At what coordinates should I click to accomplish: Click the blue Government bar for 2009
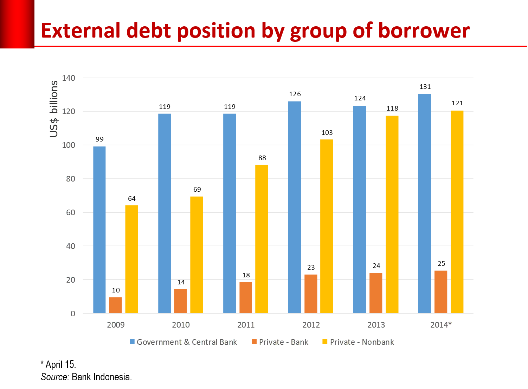click(x=99, y=230)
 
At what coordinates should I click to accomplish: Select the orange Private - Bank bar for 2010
click(x=180, y=301)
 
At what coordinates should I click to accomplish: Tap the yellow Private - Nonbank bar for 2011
click(x=262, y=239)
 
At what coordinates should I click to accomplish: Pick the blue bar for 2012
click(x=295, y=207)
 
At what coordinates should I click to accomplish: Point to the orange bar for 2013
click(x=376, y=293)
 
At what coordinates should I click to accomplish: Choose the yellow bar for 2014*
click(x=457, y=212)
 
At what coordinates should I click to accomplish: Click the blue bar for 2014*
click(x=424, y=204)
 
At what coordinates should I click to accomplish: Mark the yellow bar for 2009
click(x=131, y=259)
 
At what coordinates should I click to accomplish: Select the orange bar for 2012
click(x=311, y=294)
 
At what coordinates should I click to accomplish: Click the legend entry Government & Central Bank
click(x=187, y=342)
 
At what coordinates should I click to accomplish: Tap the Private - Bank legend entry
click(x=283, y=342)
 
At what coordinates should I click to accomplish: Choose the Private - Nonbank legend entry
click(x=362, y=342)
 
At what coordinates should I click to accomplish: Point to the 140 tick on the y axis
click(x=69, y=78)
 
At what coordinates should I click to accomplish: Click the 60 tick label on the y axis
click(x=70, y=212)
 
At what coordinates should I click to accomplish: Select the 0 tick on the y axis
click(x=73, y=314)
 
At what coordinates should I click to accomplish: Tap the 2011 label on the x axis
click(x=246, y=325)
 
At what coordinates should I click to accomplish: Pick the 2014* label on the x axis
click(x=441, y=325)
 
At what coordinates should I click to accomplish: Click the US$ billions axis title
click(x=54, y=109)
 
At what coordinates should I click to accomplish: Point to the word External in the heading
click(x=81, y=31)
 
